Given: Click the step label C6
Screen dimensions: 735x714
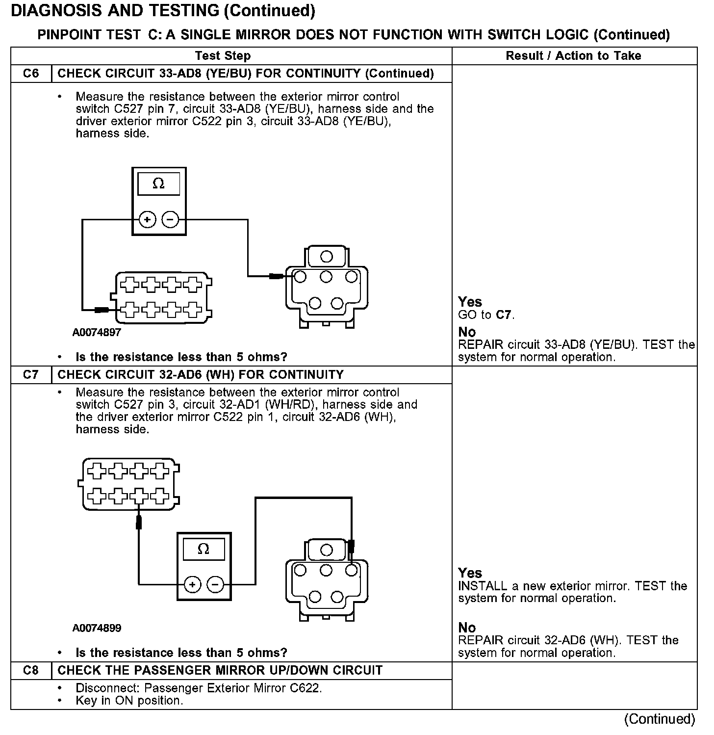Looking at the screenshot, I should click(x=30, y=74).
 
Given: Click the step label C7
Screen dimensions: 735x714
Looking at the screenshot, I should click(x=30, y=375).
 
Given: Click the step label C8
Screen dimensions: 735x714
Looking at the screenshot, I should click(x=30, y=670).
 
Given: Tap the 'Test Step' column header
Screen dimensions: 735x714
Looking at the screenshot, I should click(x=223, y=56).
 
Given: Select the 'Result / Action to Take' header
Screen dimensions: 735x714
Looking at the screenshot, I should click(x=573, y=56).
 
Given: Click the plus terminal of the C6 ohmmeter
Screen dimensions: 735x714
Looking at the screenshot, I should click(x=147, y=220).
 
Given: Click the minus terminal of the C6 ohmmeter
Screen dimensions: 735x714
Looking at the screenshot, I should click(x=170, y=220).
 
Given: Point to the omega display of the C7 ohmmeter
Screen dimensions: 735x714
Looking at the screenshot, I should click(x=203, y=549).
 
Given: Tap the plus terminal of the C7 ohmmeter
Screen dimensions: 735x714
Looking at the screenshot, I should click(x=193, y=584).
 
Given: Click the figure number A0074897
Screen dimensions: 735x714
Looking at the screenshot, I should click(x=97, y=332).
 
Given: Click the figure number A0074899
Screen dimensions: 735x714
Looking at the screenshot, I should click(x=97, y=628).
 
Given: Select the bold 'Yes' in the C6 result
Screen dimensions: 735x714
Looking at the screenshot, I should click(x=470, y=302).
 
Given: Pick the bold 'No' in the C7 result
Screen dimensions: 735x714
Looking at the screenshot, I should click(x=467, y=628).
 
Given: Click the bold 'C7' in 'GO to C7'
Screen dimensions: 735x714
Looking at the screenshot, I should click(x=504, y=315).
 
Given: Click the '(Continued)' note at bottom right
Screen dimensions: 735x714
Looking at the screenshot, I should click(x=660, y=719).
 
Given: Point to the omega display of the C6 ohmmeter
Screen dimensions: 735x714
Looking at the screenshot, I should click(x=158, y=184).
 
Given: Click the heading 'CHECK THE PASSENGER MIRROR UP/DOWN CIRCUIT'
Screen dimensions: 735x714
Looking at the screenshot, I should click(x=220, y=670).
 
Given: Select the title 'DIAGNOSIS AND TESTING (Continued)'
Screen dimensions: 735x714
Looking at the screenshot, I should click(x=163, y=10).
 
